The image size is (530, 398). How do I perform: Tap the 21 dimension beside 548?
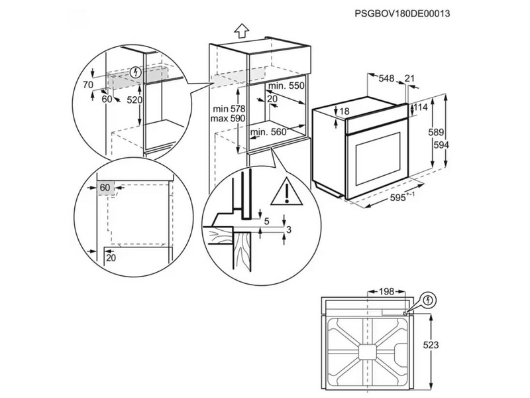click(409, 79)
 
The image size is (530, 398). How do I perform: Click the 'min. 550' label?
click(286, 86)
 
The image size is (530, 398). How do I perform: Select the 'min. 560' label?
click(268, 132)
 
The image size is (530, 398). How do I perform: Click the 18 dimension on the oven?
click(344, 111)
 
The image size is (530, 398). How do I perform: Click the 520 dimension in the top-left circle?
click(135, 99)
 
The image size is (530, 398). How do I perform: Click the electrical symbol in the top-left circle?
click(136, 72)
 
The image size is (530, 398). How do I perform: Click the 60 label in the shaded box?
click(105, 188)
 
